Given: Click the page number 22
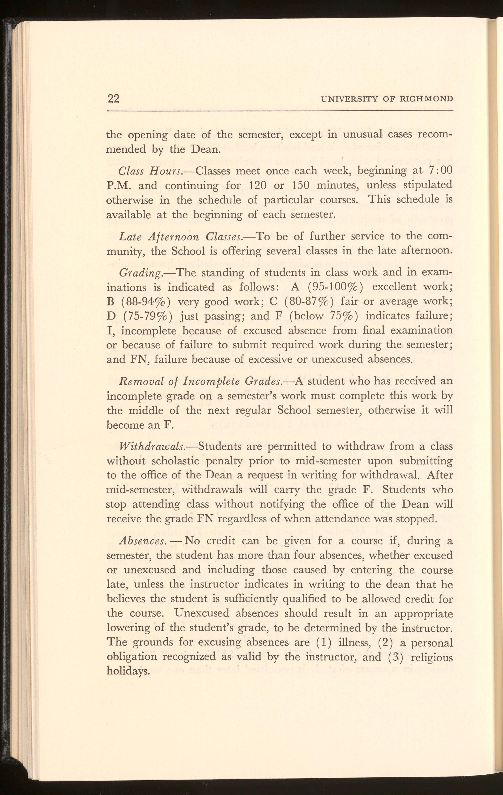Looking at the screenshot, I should pyautogui.click(x=113, y=99).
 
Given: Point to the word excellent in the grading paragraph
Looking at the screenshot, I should pyautogui.click(x=394, y=287).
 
